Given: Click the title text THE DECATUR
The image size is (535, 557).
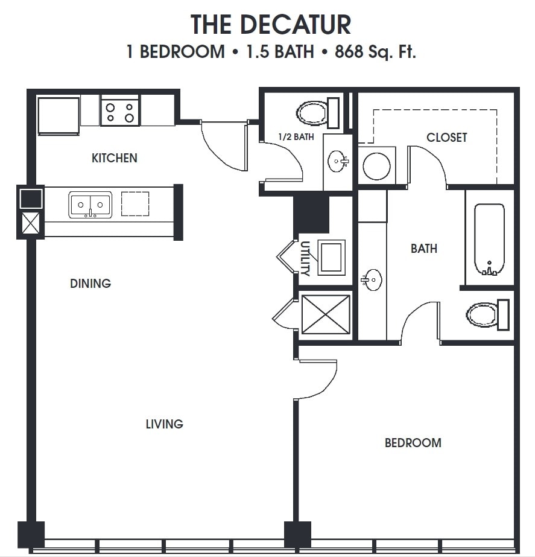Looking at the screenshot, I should click(271, 25).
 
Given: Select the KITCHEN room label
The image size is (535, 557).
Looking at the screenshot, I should click(114, 158).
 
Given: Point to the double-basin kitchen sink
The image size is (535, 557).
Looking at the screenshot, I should click(90, 205).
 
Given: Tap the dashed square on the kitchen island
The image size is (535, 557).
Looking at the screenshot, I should click(135, 204).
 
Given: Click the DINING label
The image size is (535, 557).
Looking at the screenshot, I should click(90, 283).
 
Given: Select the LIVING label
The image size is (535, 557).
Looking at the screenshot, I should click(164, 424).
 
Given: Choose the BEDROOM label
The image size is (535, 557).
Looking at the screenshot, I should click(413, 443).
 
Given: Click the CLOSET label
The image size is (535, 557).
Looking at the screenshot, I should click(446, 138).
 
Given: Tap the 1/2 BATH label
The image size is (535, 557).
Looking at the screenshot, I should click(296, 137).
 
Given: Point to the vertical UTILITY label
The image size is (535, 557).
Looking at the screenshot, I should click(305, 258).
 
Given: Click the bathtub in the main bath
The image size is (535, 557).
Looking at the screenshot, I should click(489, 239).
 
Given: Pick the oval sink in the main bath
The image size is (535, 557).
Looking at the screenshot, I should click(372, 280).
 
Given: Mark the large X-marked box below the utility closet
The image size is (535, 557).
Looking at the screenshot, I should click(325, 314).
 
